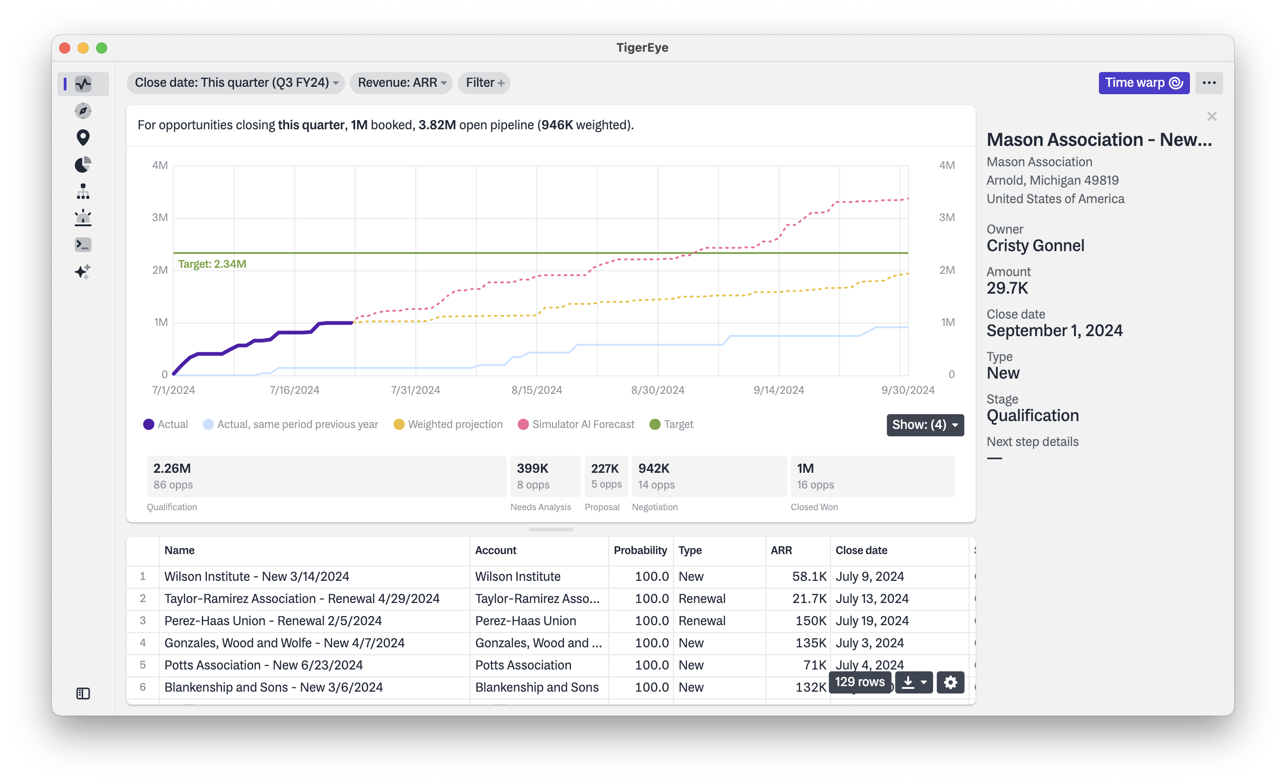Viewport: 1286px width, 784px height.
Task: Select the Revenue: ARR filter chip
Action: tap(401, 83)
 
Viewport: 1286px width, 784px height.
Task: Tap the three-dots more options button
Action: tap(1209, 83)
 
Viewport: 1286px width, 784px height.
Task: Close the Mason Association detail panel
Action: tap(1211, 116)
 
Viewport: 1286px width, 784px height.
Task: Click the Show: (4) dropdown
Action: tap(924, 425)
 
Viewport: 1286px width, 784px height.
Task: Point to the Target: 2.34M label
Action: tap(212, 264)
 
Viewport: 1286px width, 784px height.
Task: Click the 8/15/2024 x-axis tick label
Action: tap(537, 390)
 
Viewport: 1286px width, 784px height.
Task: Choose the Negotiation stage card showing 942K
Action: tap(708, 476)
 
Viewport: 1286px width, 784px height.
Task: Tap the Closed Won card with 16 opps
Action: tap(872, 476)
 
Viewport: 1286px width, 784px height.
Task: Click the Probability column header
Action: tap(640, 550)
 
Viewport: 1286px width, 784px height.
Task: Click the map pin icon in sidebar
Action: tap(83, 138)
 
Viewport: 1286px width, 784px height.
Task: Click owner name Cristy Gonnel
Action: tap(1035, 246)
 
